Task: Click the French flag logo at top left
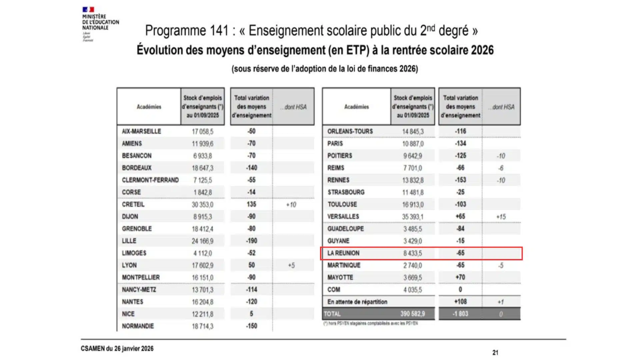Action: [88, 9]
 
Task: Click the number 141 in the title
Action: [219, 31]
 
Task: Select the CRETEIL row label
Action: [133, 204]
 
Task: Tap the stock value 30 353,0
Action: [202, 205]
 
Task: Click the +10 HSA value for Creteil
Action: [291, 205]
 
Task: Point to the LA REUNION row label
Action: [343, 253]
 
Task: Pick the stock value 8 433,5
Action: [412, 253]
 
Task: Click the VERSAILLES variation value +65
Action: [460, 216]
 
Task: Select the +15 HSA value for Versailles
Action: [501, 217]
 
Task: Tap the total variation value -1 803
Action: [460, 314]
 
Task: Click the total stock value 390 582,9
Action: [413, 314]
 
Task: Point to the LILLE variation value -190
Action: [252, 241]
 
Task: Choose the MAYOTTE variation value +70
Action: [460, 277]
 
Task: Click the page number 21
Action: [495, 352]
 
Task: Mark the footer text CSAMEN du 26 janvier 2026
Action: [117, 348]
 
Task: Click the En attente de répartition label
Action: [357, 302]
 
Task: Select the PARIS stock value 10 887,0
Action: [413, 144]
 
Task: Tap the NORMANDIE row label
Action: [138, 326]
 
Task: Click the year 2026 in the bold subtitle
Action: [482, 50]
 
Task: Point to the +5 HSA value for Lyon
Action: [291, 265]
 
